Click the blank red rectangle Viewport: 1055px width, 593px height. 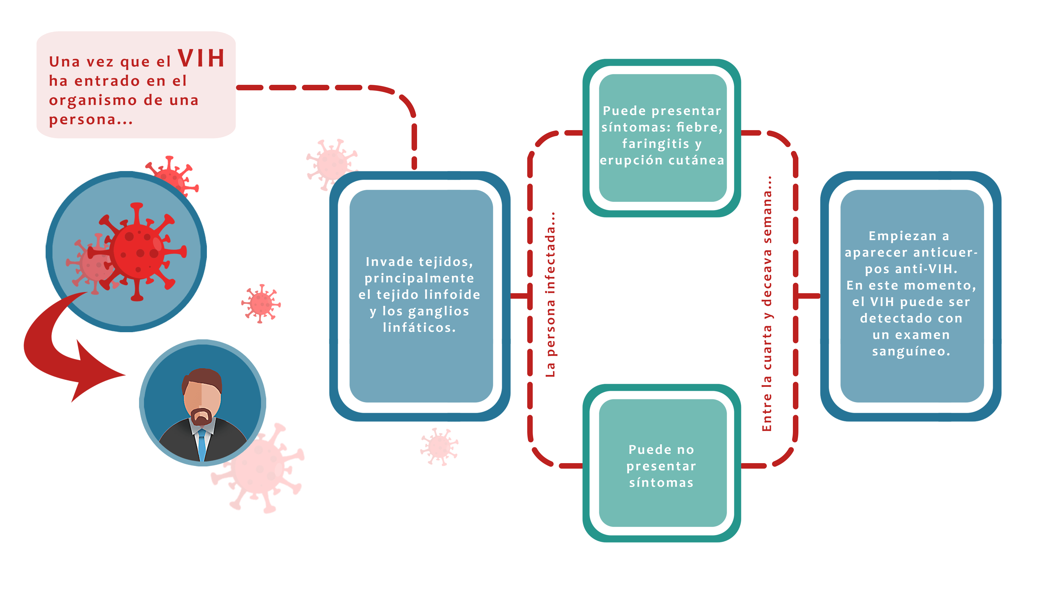136,85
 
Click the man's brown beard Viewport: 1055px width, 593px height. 201,417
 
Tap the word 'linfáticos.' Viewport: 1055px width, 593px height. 419,328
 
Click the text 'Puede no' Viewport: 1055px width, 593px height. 661,449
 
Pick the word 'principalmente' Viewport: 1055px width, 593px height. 419,278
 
